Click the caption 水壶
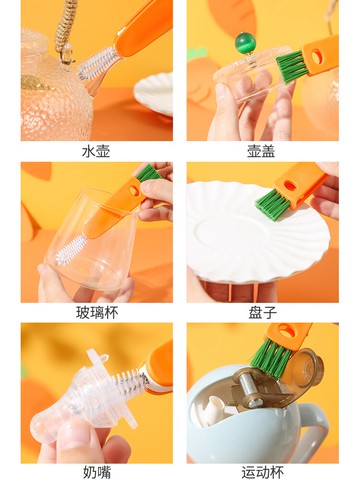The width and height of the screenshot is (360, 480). coord(96,151)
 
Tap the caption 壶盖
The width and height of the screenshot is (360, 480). coord(262,151)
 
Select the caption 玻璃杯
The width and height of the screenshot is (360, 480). coord(97,313)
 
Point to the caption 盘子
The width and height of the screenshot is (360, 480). coord(262,313)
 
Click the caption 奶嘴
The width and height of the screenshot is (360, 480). coord(97,472)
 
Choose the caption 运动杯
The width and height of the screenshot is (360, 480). coord(263,472)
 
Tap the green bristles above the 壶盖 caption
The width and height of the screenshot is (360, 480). coord(292,66)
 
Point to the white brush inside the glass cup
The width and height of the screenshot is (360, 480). coord(70,250)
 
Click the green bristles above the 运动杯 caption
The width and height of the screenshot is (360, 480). coord(271,357)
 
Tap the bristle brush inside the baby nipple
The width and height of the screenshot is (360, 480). coord(131,379)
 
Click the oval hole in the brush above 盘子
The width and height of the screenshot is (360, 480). coord(291,185)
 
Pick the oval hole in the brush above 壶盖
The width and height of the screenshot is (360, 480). coord(317,56)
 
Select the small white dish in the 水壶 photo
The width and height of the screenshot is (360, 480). coord(154,94)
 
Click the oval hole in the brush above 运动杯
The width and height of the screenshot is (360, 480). coord(287,331)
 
